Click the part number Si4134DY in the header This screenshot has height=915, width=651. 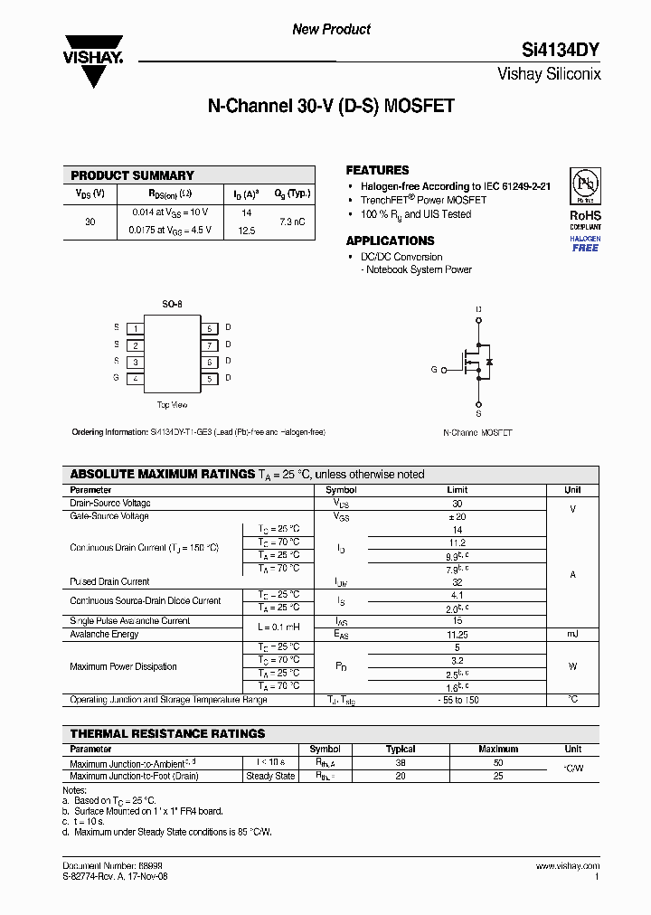tap(561, 52)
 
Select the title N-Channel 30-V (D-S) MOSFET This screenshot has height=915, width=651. tap(331, 107)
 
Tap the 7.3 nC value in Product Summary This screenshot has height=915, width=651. tap(292, 222)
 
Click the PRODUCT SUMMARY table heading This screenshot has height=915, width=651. tap(132, 175)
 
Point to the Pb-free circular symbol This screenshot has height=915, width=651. tap(585, 185)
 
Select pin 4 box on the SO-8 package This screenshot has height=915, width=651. tap(135, 379)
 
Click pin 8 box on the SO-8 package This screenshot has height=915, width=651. tap(209, 328)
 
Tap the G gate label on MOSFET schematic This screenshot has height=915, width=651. tap(434, 370)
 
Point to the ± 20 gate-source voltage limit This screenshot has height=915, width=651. tap(457, 516)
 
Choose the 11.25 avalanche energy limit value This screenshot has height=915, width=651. tap(457, 634)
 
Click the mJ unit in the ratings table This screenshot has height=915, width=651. tap(572, 634)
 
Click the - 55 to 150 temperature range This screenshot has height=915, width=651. tap(457, 700)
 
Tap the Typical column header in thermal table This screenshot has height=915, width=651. tap(401, 749)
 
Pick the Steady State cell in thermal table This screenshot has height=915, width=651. tap(271, 776)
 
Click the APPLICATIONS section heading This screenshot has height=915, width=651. tap(390, 241)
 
